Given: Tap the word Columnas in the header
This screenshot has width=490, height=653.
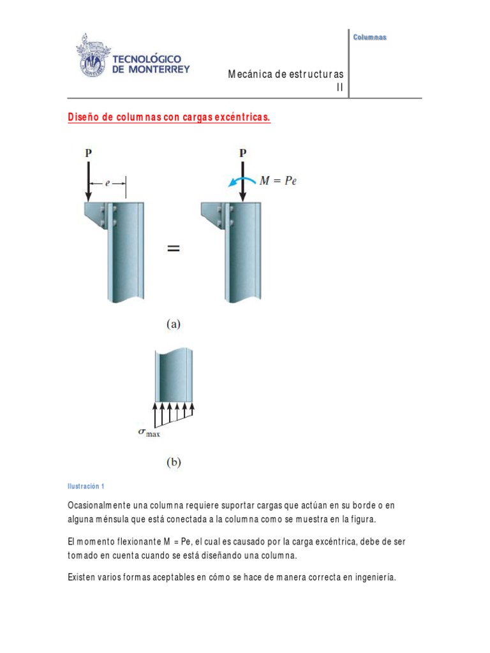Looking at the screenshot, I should (x=370, y=37).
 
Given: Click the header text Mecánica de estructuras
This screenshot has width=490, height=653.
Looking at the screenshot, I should (x=286, y=75).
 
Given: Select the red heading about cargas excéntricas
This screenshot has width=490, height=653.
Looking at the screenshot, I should (x=169, y=119).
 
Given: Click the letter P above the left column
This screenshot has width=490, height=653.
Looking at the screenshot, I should (x=87, y=153).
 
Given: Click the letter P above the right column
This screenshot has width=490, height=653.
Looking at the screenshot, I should (x=242, y=153).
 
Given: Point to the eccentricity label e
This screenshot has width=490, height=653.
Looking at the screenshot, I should (x=107, y=182).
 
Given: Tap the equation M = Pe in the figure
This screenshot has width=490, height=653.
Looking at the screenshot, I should (x=278, y=180).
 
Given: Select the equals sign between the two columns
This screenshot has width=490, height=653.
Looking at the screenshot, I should (x=173, y=250).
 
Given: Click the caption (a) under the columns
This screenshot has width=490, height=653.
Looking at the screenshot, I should (x=174, y=324).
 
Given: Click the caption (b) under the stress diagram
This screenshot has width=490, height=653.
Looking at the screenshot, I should (x=174, y=464).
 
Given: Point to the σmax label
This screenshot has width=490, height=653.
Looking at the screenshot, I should (x=149, y=433).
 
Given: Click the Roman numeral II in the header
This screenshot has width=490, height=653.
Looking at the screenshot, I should (x=340, y=88).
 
